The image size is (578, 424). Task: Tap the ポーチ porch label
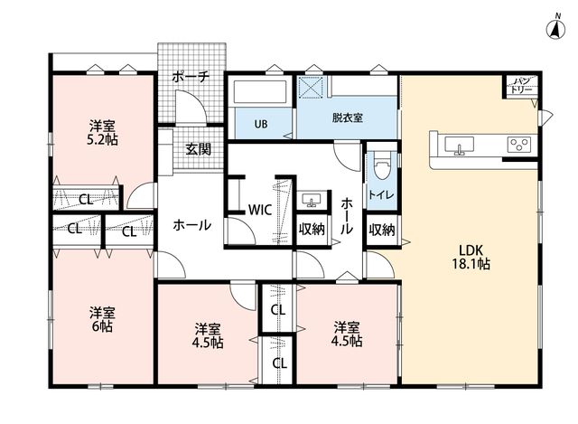pyautogui.click(x=191, y=77)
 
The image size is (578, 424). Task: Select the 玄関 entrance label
pyautogui.click(x=199, y=148)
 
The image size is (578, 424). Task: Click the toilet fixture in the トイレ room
pyautogui.click(x=381, y=165)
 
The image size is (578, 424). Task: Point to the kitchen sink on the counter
pyautogui.click(x=459, y=145)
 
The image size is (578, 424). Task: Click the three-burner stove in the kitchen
pyautogui.click(x=519, y=145)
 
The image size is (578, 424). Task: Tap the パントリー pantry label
pyautogui.click(x=521, y=86)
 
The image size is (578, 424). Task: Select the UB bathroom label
pyautogui.click(x=261, y=124)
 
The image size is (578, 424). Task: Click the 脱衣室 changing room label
pyautogui.click(x=347, y=118)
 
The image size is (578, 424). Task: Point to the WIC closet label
pyautogui.click(x=259, y=210)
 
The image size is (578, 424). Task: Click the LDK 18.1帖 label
pyautogui.click(x=471, y=257)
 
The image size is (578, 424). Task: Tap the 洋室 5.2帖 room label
pyautogui.click(x=102, y=133)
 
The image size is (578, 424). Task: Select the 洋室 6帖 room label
pyautogui.click(x=102, y=319)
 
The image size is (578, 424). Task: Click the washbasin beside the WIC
pyautogui.click(x=312, y=200)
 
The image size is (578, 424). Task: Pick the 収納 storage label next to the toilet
pyautogui.click(x=382, y=230)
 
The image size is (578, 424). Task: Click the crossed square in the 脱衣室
pyautogui.click(x=312, y=87)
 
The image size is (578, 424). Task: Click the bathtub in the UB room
pyautogui.click(x=260, y=91)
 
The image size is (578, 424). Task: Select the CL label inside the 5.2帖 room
pyautogui.click(x=86, y=200)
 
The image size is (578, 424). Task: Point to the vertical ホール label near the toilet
pyautogui.click(x=347, y=216)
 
